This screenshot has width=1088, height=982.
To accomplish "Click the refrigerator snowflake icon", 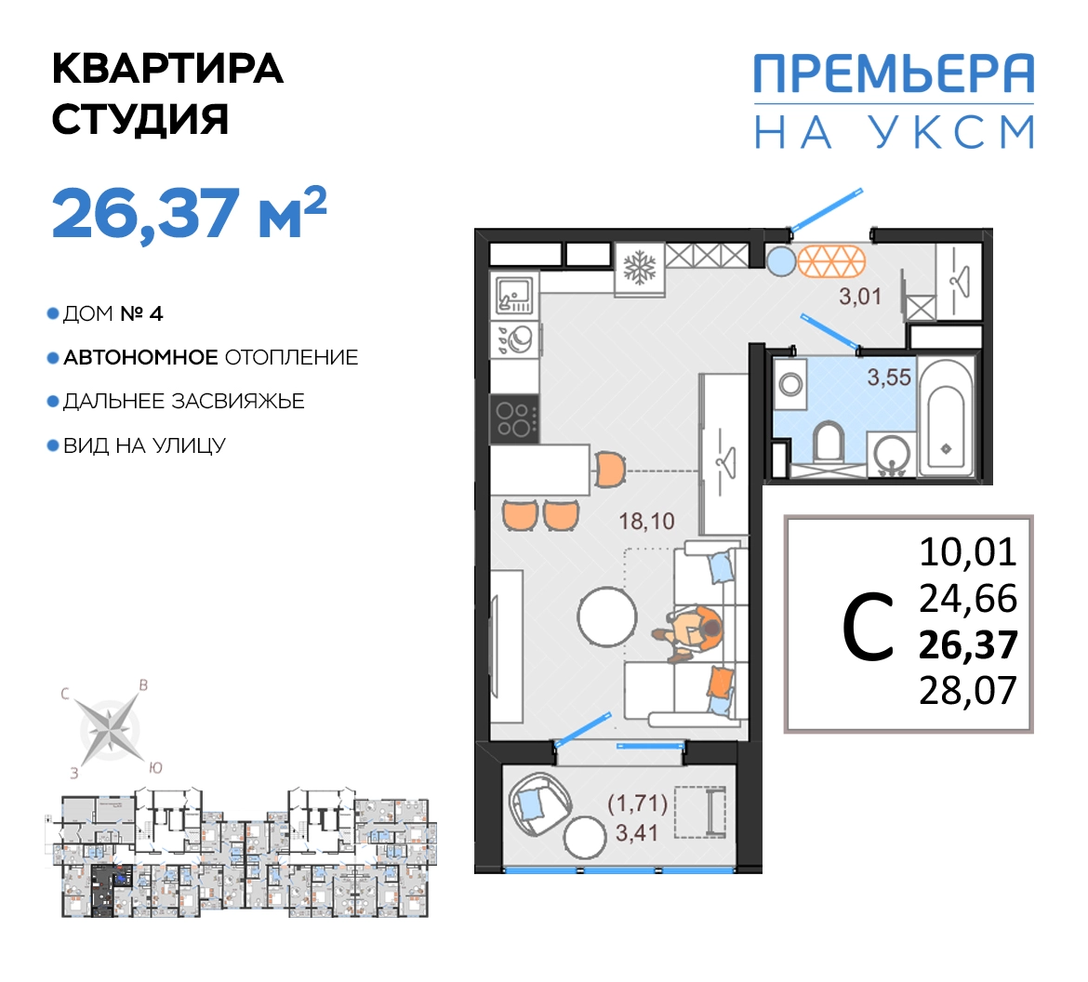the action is pos(640,268).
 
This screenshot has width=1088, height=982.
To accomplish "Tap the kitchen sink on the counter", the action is pos(514,295).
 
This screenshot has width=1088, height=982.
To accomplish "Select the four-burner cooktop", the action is pos(514,418).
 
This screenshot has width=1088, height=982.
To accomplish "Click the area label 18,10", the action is pos(646,521).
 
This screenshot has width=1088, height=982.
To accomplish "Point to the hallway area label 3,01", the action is pos(860,297).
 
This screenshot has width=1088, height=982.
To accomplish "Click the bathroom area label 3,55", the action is pos(889,378).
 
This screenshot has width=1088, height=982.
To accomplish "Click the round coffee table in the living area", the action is pos(607,617).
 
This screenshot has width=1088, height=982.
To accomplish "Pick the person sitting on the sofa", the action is pos(690,632).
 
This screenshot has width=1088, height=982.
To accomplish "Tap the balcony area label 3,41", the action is pos(637,832).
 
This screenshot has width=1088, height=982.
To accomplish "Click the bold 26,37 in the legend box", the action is pos(968,644).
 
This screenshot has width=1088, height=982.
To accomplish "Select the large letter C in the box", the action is pos(868,627).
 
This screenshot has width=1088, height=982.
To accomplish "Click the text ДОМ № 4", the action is pos(113,313).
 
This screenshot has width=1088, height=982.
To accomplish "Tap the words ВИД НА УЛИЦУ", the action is pos(144,445).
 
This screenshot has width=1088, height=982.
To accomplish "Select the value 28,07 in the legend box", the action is pos(968,691).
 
